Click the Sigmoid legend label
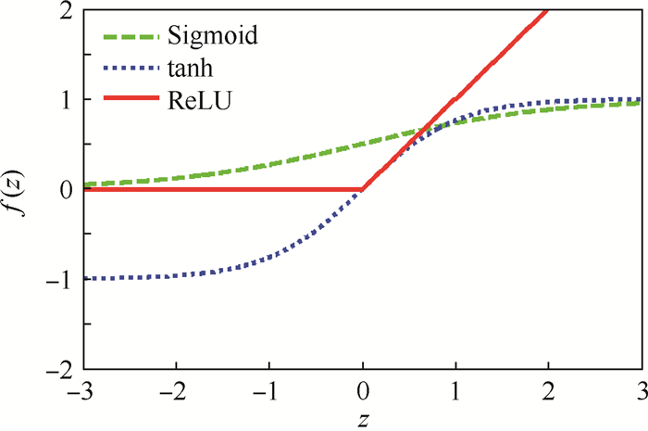[x=212, y=37]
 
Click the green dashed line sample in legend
[x=129, y=37]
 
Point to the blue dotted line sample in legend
[x=129, y=68]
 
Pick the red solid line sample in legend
[x=129, y=98]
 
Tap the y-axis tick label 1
[x=64, y=99]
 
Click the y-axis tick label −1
[x=57, y=279]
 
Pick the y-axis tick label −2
[x=57, y=368]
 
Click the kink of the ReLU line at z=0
[x=362, y=189]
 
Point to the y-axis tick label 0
[x=64, y=189]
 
